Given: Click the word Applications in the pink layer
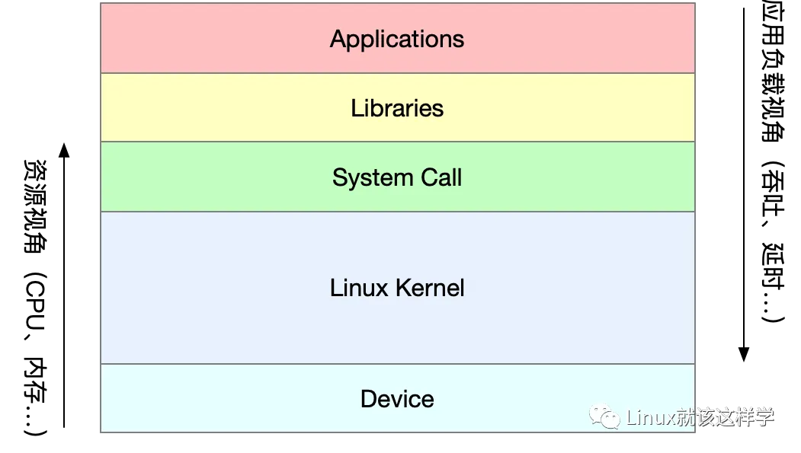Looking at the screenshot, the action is tap(397, 39).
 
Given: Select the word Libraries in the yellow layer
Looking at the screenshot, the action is tap(397, 108).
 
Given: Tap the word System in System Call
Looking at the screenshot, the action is tap(364, 178).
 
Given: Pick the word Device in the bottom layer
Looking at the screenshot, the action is tap(397, 399).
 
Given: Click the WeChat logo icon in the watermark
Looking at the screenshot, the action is tap(608, 416).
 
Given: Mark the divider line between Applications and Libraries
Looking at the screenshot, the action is tap(397, 73).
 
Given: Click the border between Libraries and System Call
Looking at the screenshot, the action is tap(397, 142).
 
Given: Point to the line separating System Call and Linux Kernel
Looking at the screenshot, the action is tap(397, 211).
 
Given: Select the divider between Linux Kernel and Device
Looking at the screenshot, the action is tap(397, 364).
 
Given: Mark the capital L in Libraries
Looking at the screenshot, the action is tap(356, 108).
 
